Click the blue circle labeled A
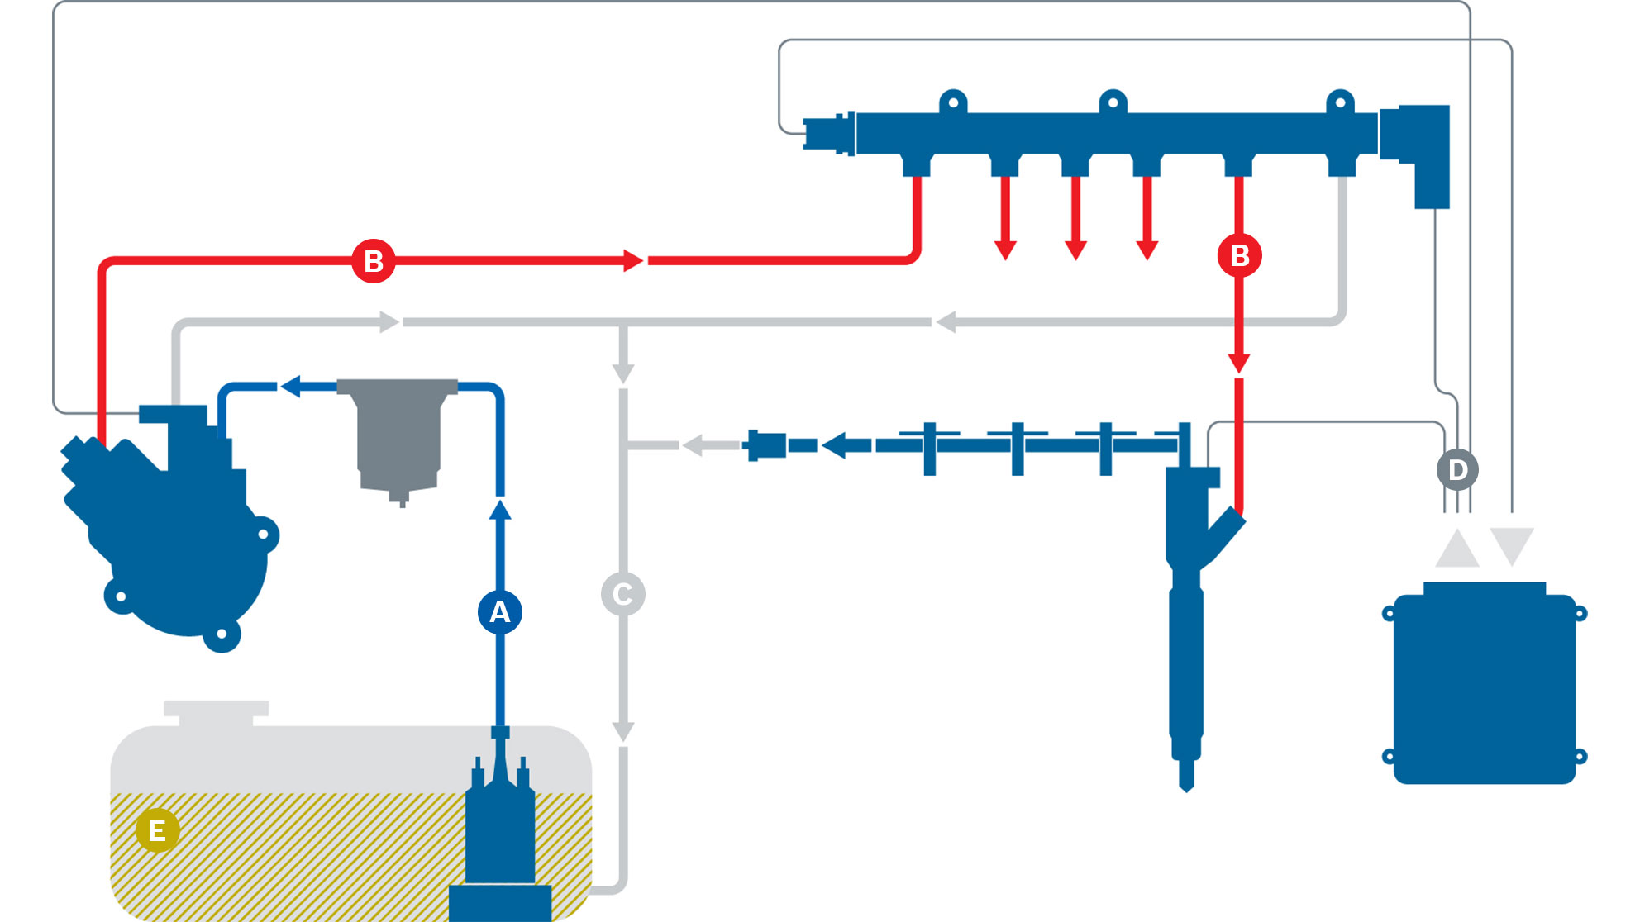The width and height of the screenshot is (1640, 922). click(x=499, y=612)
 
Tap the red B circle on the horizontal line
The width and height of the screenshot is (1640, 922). click(x=374, y=261)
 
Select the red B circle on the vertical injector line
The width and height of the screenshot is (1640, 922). click(x=1239, y=255)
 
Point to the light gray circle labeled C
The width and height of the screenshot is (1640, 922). click(x=622, y=594)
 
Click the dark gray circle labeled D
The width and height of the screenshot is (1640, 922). click(x=1457, y=470)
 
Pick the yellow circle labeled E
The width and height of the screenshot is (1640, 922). click(x=157, y=830)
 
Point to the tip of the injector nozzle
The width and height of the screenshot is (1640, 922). click(x=1186, y=791)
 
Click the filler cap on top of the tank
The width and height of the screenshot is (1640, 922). click(x=216, y=712)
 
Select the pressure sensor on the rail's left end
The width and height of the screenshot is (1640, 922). click(x=828, y=134)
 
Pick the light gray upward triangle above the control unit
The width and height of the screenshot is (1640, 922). click(x=1457, y=548)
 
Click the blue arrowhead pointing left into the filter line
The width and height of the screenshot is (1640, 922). click(x=291, y=386)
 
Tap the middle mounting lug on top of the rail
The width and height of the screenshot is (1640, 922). click(x=1113, y=102)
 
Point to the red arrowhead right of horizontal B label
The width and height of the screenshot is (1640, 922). click(x=633, y=260)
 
